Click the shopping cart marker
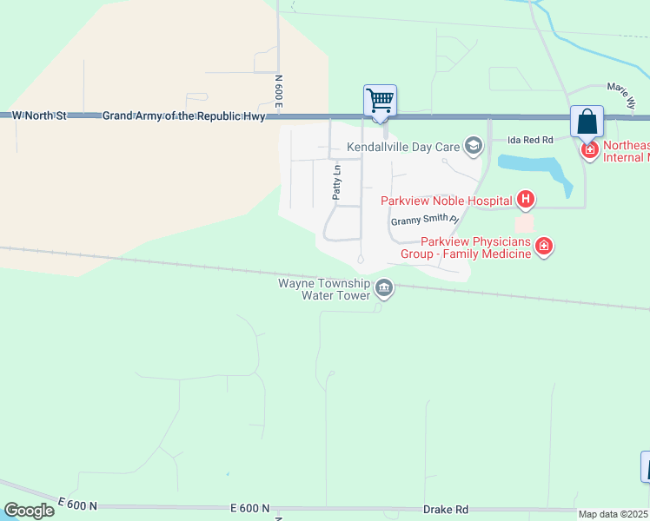[x=380, y=101]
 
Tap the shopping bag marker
[x=587, y=122]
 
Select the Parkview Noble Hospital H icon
[x=525, y=201]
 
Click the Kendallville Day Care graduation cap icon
[x=474, y=146]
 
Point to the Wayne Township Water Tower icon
[x=383, y=287]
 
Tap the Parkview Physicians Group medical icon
[x=544, y=247]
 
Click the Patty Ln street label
[x=337, y=183]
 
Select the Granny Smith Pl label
[x=424, y=221]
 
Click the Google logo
[x=29, y=510]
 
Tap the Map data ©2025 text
[x=614, y=514]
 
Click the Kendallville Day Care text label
[x=403, y=146]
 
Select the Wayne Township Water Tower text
[x=323, y=289]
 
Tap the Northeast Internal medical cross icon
[x=590, y=150]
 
